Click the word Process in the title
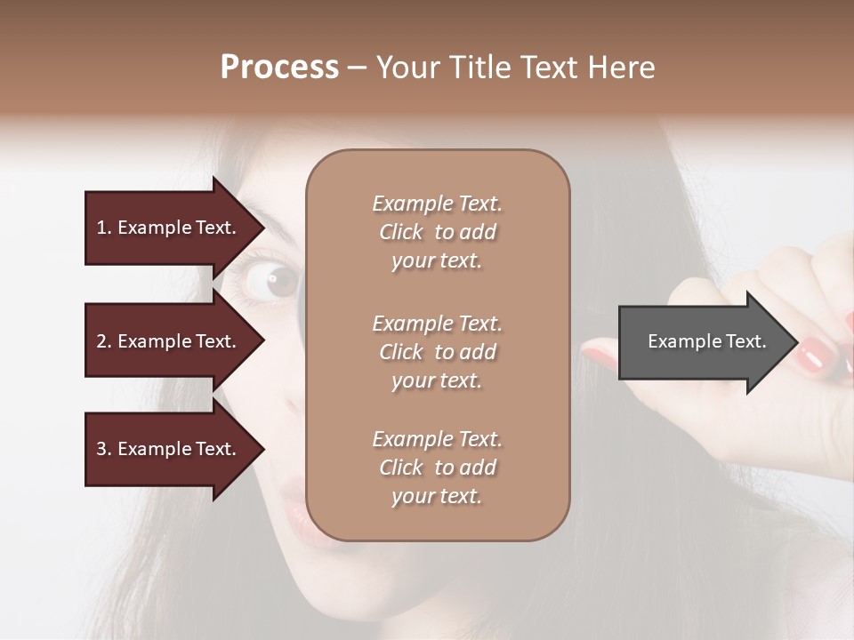click(x=279, y=68)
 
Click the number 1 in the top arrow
click(x=101, y=228)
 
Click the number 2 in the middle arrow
click(x=101, y=341)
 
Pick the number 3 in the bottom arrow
click(x=101, y=449)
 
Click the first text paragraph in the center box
click(x=437, y=232)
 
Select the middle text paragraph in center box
click(x=437, y=352)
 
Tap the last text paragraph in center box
click(x=437, y=468)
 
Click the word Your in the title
click(x=409, y=68)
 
